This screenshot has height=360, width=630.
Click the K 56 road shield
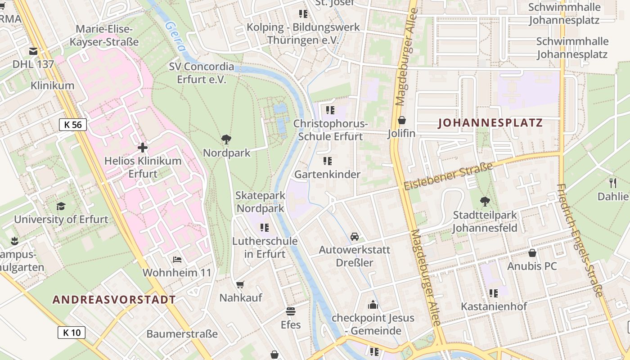tap(72, 125)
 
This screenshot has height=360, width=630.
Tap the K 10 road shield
tap(71, 333)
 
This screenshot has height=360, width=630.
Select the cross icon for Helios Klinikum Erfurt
tap(143, 148)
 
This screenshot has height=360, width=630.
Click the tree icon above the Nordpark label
tap(226, 139)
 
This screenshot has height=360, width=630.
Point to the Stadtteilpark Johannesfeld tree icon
tap(485, 201)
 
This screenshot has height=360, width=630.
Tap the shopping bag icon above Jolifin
tap(401, 120)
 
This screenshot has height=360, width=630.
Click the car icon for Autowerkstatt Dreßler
tap(355, 236)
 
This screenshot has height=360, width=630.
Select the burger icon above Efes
tap(291, 311)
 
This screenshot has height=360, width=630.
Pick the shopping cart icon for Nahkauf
tap(240, 284)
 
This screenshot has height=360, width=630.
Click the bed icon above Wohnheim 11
tap(177, 260)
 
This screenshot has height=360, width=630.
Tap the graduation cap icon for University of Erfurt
tap(61, 206)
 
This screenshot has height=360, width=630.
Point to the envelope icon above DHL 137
tap(33, 51)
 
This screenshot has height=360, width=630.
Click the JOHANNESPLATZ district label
tap(490, 123)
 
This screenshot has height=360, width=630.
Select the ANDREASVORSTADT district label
tap(114, 300)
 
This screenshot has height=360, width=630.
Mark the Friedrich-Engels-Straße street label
tap(579, 240)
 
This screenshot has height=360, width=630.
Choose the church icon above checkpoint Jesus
tap(373, 305)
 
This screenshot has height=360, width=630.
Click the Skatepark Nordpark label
tap(261, 202)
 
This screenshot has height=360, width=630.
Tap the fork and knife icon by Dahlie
tap(612, 182)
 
